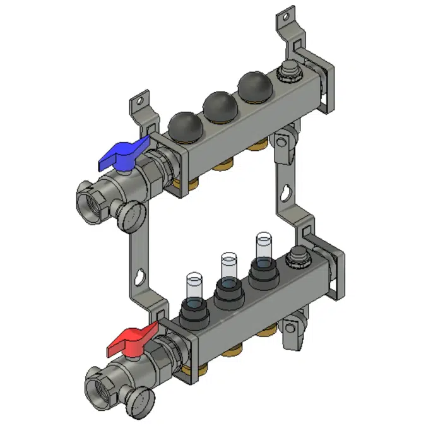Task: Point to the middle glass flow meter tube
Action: (x=227, y=268)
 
